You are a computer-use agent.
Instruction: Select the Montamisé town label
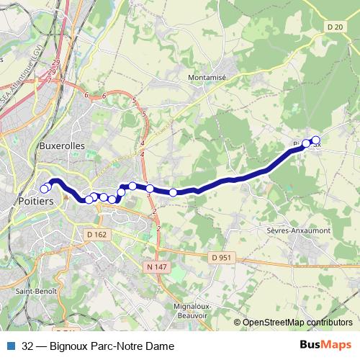click(207, 77)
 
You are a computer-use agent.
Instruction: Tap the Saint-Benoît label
click(32, 292)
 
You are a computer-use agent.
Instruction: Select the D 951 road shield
click(222, 258)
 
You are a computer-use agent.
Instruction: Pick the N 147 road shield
click(156, 267)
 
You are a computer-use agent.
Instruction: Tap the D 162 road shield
click(96, 234)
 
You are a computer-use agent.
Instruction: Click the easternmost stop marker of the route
click(315, 140)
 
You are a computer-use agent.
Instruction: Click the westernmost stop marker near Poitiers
click(44, 189)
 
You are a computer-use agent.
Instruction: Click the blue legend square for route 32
click(11, 346)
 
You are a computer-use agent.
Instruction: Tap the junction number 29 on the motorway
click(53, 72)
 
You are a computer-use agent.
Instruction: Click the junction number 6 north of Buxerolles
click(86, 94)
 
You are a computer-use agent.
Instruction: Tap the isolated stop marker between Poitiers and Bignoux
click(174, 192)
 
